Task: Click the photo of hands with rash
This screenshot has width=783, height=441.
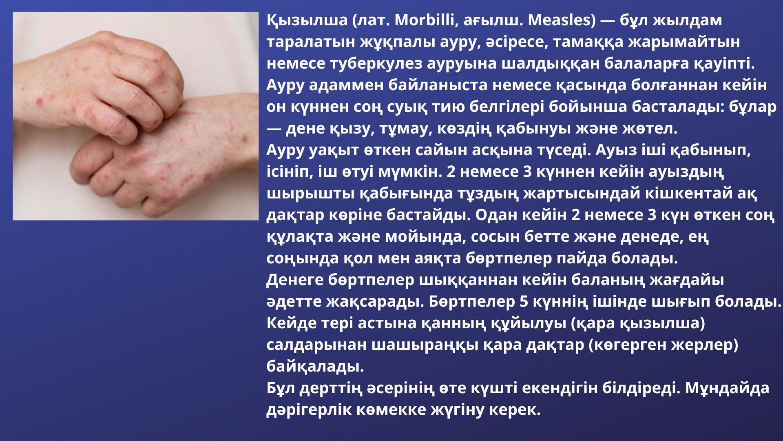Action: pos(136,116)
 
